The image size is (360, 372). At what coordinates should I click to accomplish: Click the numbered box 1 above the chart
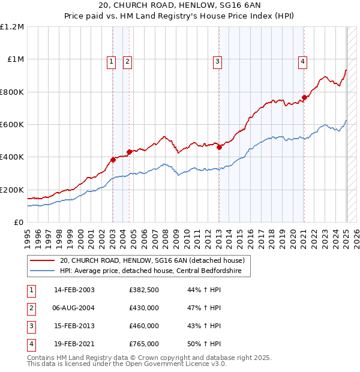pos(112,61)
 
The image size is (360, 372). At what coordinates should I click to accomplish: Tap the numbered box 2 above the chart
pos(128,61)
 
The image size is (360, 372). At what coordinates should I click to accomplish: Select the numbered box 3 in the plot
pos(217,61)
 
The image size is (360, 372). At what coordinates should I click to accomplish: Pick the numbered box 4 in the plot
pos(303,61)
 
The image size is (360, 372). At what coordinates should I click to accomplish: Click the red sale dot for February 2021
pos(304,98)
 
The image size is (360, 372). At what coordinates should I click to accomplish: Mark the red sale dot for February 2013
pos(219,147)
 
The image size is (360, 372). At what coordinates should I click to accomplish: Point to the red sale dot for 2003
pos(113,160)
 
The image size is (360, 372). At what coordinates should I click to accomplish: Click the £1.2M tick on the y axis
pos(12,27)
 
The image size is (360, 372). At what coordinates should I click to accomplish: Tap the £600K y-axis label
pos(12,125)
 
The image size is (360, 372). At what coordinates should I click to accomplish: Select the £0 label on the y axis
pos(19,223)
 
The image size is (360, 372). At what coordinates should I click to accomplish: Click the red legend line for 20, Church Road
pos(42,261)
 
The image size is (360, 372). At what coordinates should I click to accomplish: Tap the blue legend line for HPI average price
pos(42,271)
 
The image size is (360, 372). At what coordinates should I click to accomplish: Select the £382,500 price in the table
pos(144,290)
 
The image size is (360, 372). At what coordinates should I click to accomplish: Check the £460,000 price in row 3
pos(144,326)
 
